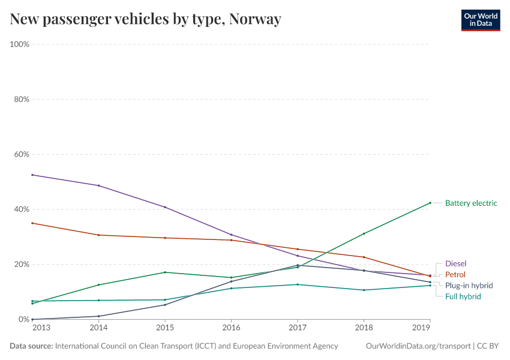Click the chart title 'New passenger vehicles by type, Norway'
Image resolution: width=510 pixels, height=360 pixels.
145,19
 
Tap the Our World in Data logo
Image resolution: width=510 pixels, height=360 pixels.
480,20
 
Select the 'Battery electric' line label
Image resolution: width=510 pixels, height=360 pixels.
470,203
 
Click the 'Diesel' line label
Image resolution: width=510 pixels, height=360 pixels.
455,263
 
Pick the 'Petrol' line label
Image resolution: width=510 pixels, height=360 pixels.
455,274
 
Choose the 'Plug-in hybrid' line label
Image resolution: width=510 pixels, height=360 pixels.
469,286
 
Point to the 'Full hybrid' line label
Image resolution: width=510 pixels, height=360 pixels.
463,296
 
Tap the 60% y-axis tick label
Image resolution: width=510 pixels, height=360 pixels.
22,154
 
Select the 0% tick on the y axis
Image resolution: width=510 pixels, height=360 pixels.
24,319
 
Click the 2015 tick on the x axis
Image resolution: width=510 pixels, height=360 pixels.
165,328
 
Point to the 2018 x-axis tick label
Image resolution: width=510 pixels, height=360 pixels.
364,328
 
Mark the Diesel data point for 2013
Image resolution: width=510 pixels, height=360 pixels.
32,175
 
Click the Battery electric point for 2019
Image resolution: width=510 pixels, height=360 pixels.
430,203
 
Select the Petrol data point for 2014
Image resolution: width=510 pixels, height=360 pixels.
98,235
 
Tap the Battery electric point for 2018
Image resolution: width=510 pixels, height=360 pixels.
364,233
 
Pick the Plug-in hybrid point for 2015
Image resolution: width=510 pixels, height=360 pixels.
165,305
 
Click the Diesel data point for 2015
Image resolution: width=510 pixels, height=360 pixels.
165,207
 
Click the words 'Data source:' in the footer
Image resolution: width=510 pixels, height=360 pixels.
31,346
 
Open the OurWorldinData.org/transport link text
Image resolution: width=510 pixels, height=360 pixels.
418,346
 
